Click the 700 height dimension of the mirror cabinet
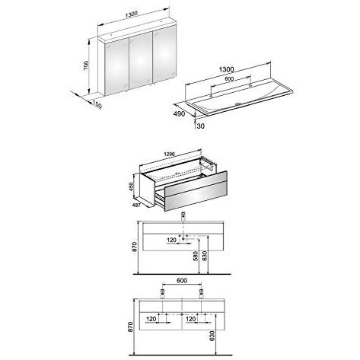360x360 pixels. pyautogui.click(x=86, y=65)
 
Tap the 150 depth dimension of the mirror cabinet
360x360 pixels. pyautogui.click(x=97, y=104)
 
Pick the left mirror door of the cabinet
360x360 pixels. pyautogui.click(x=117, y=68)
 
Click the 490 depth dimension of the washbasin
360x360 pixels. pyautogui.click(x=179, y=113)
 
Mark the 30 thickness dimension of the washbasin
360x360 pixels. pyautogui.click(x=200, y=126)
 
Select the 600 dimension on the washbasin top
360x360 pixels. pyautogui.click(x=229, y=78)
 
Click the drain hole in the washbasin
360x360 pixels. pyautogui.click(x=237, y=104)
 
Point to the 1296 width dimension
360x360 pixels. pyautogui.click(x=169, y=154)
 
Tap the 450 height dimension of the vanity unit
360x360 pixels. pyautogui.click(x=131, y=187)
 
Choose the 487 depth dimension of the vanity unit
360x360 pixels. pyautogui.click(x=136, y=205)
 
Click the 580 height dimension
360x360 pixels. pyautogui.click(x=196, y=256)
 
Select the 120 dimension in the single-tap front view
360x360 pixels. pyautogui.click(x=171, y=240)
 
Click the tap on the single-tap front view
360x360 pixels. pyautogui.click(x=183, y=217)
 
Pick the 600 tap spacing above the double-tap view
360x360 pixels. pyautogui.click(x=182, y=280)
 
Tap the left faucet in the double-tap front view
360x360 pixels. pyautogui.click(x=163, y=294)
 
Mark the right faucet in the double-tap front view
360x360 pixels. pyautogui.click(x=202, y=294)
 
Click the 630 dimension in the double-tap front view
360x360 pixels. pyautogui.click(x=212, y=336)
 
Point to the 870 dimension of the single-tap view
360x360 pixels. pyautogui.click(x=135, y=247)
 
